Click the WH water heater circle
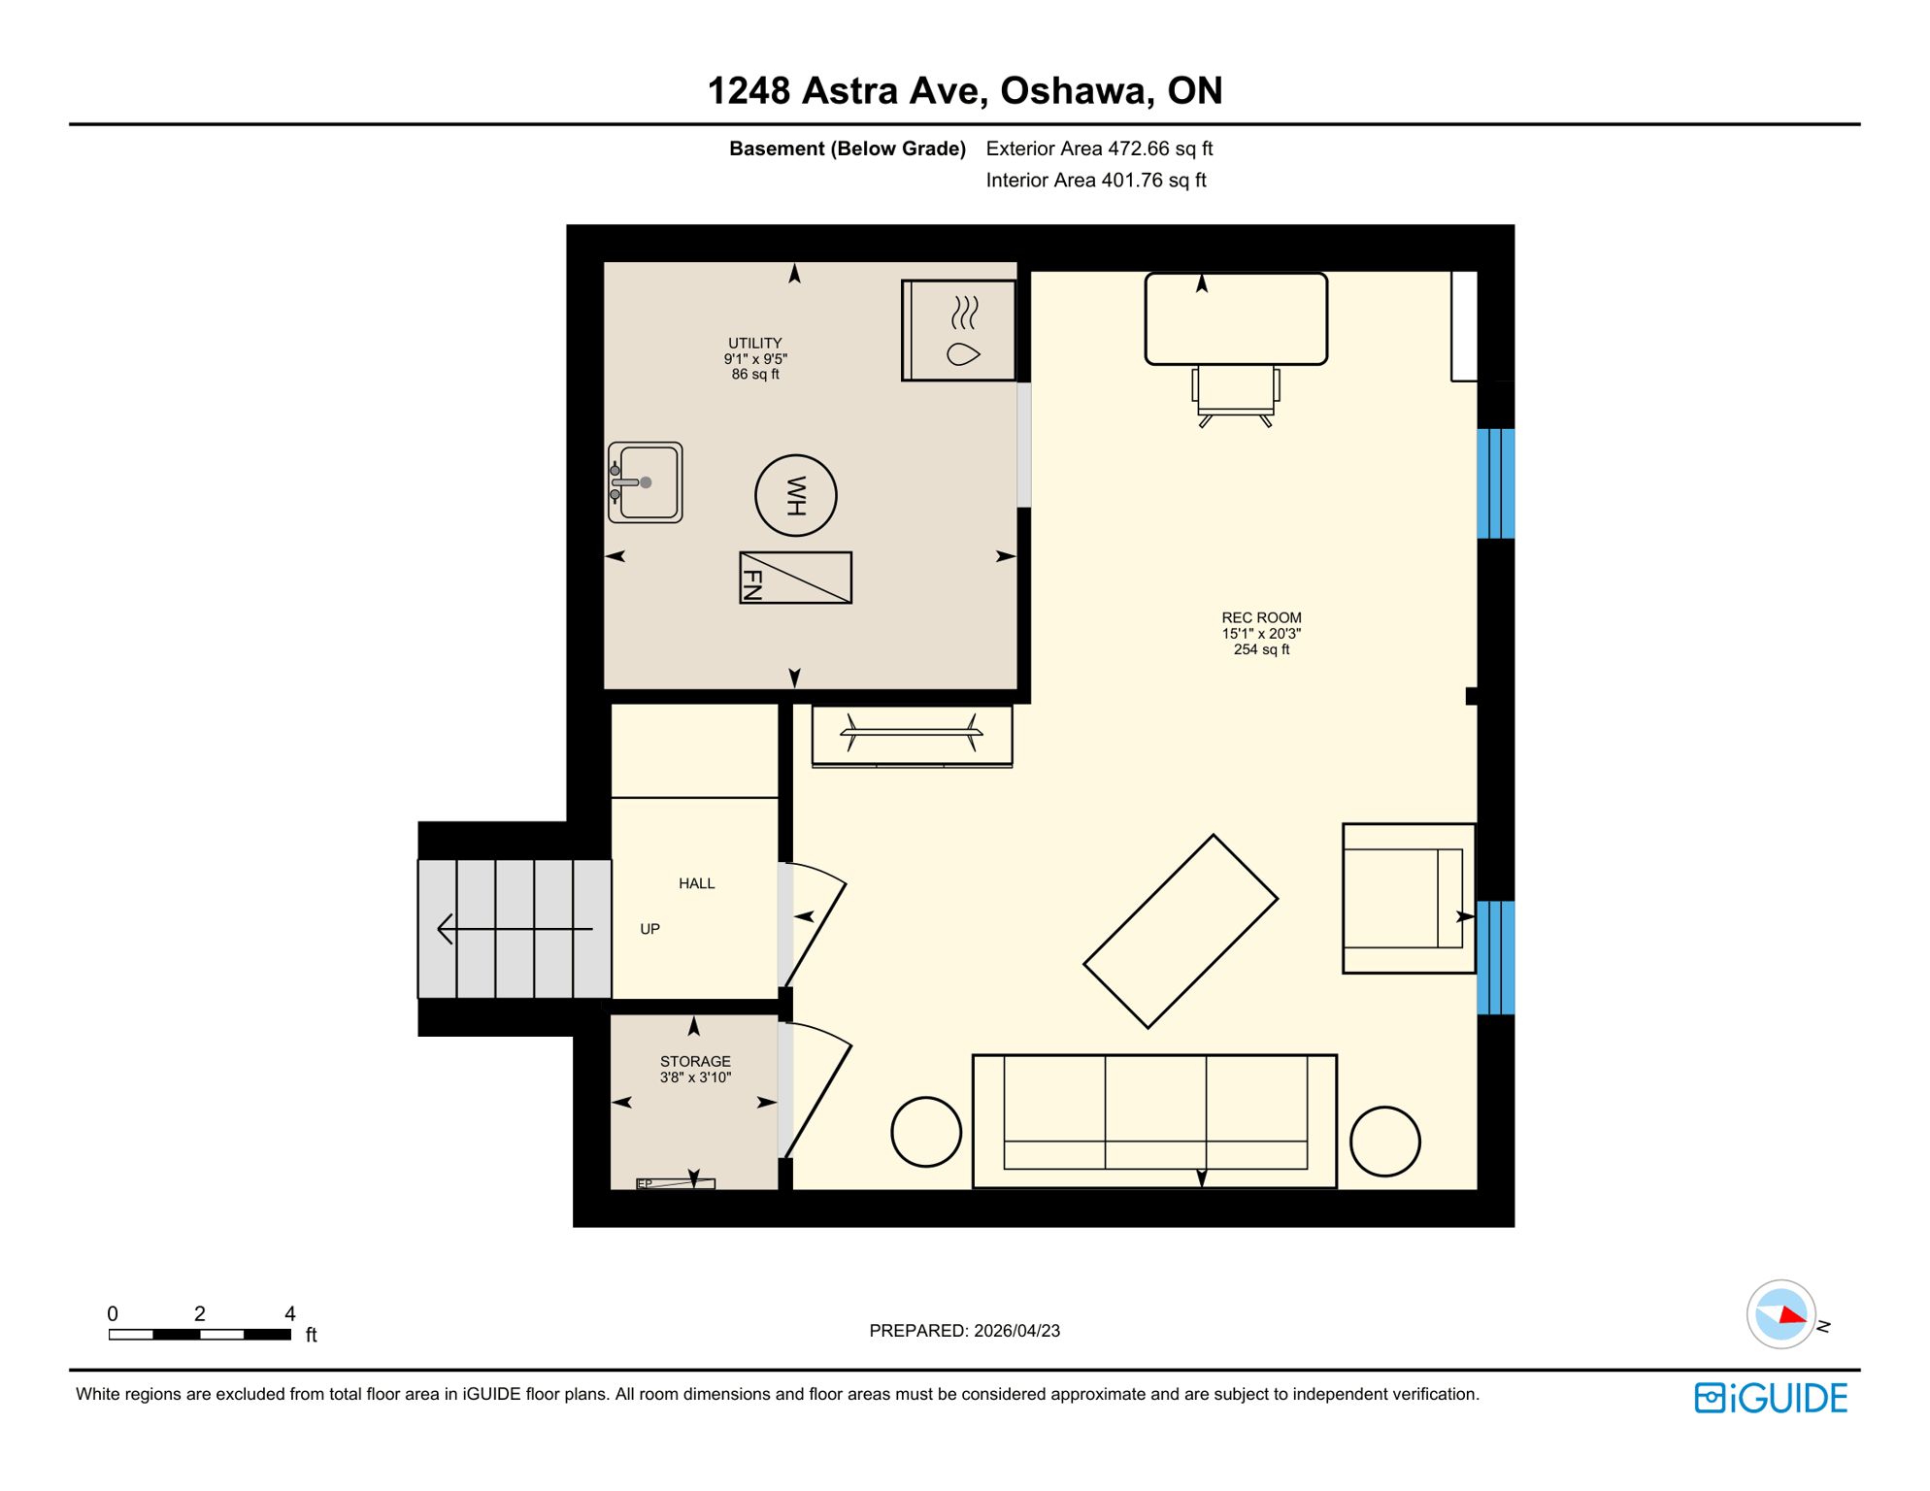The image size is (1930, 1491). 795,496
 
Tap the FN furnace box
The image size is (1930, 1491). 795,578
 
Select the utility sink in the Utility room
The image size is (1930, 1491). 646,482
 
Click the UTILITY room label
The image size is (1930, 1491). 754,344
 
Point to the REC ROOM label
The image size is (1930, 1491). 1261,618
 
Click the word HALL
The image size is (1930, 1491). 696,883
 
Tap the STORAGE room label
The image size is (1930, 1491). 695,1062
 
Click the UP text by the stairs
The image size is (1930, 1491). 649,929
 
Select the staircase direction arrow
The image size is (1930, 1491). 515,929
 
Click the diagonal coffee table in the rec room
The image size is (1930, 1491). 1181,932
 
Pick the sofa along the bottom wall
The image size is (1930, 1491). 1154,1121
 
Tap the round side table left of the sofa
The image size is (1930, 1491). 926,1132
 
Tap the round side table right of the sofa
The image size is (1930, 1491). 1385,1142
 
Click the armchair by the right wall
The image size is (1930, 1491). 1408,899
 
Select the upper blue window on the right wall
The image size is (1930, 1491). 1495,483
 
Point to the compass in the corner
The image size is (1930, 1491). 1780,1314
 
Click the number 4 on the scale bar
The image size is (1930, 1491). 289,1313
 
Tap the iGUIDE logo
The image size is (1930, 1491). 1771,1398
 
